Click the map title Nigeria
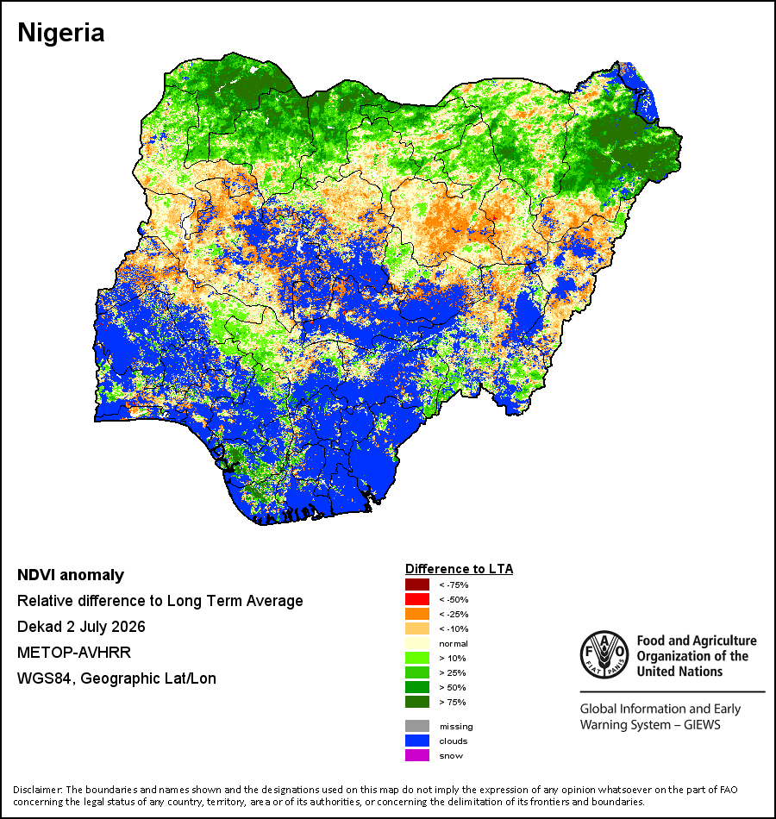(x=61, y=33)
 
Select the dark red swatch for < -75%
(x=417, y=585)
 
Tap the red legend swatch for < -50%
(x=417, y=599)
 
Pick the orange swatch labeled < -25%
(x=417, y=614)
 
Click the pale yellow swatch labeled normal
(x=417, y=643)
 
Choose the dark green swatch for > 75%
(x=417, y=702)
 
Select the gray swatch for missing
(x=417, y=726)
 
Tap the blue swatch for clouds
(x=417, y=741)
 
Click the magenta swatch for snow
(x=417, y=755)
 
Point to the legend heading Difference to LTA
(x=459, y=569)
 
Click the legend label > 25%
(x=453, y=672)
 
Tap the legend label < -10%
(x=454, y=628)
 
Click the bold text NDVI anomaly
(x=71, y=575)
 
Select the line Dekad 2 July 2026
(x=81, y=627)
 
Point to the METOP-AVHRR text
(x=73, y=653)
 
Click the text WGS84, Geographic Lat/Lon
(x=116, y=678)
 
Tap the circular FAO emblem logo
(x=604, y=655)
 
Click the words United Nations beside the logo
(x=679, y=672)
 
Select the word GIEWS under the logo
(x=702, y=725)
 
